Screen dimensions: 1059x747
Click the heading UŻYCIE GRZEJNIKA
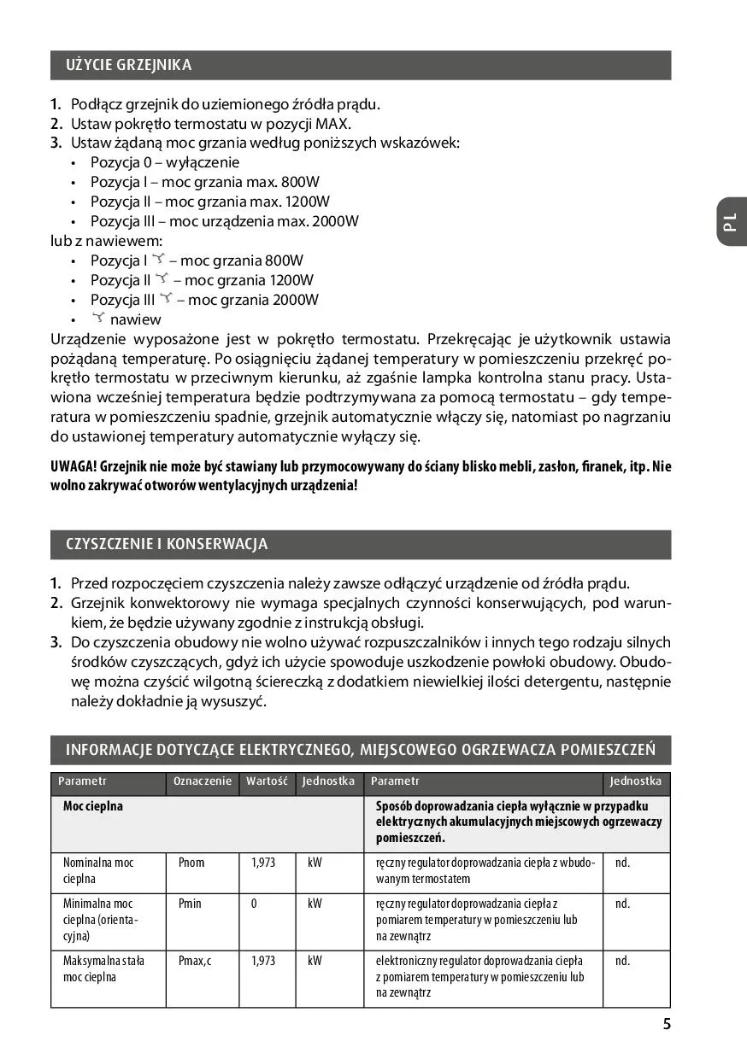129,65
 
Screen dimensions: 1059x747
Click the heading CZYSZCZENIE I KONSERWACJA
167,544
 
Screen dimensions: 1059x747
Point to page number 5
667,1025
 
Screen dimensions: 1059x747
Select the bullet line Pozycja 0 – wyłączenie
165,162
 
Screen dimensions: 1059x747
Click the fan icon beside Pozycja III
167,298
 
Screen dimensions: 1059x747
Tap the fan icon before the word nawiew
98,318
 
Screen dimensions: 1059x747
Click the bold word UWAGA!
74,466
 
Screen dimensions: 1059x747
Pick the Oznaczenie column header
203,781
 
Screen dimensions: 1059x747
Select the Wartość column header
267,781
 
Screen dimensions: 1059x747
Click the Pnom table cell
191,863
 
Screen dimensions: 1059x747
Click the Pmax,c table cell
195,961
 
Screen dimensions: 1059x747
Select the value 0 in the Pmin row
254,904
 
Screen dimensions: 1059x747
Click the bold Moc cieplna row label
93,806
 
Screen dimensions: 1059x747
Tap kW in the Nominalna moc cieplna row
315,863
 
